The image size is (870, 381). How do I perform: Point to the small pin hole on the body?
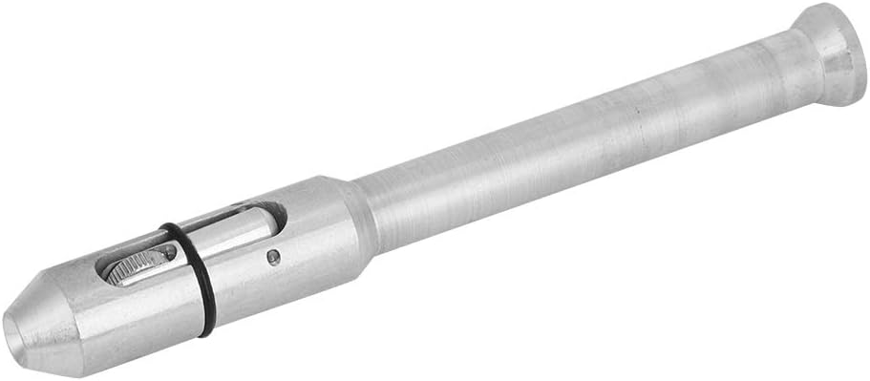[273, 255]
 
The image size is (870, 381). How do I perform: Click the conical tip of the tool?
[43, 315]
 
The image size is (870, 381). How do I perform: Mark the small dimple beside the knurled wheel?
[170, 253]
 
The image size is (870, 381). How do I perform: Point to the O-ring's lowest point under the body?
[206, 331]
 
